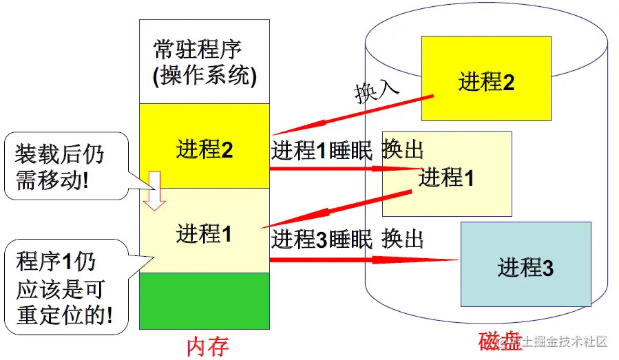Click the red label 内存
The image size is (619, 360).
pos(207,347)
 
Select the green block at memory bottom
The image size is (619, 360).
pos(204,301)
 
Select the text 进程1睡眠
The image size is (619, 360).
pos(322,151)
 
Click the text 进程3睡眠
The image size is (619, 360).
pos(322,239)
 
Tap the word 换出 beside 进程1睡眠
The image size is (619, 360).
pos(403,149)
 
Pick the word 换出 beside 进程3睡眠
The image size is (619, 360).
pos(403,238)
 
